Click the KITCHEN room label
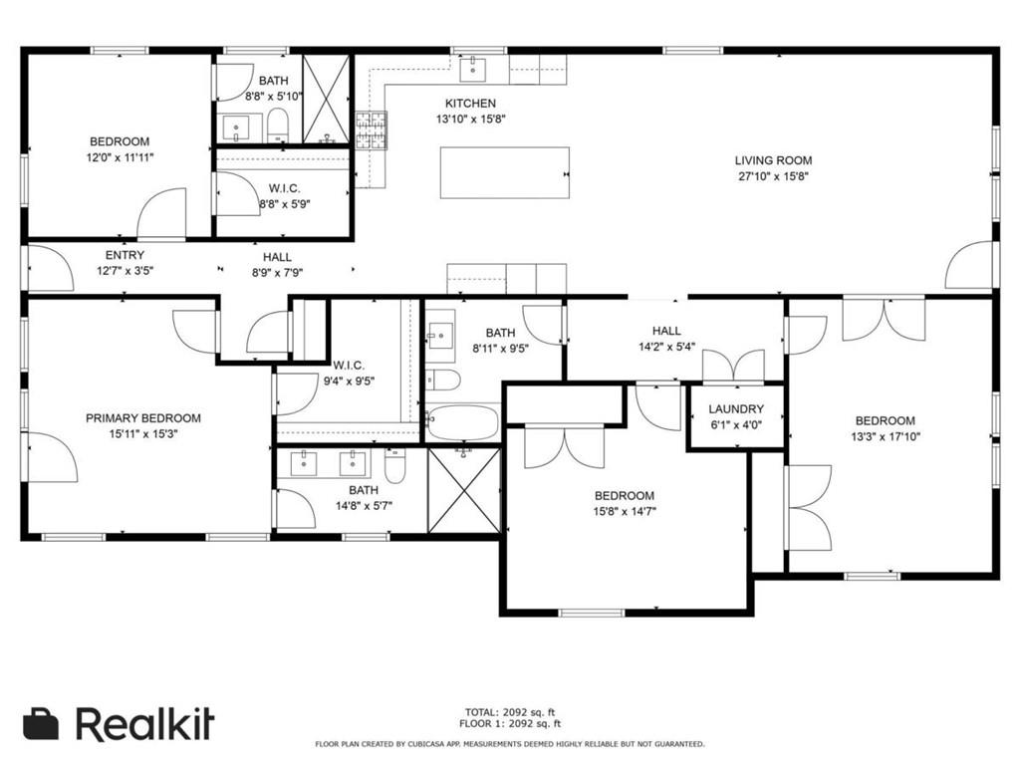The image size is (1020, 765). (470, 104)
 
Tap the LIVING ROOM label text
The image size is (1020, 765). (773, 160)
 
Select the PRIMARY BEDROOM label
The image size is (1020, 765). (143, 418)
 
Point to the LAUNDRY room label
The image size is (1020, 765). (736, 409)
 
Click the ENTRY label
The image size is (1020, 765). (125, 256)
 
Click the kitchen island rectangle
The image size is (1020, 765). (505, 172)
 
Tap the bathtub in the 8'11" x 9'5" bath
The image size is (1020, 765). (463, 422)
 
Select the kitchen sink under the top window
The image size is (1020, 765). (473, 69)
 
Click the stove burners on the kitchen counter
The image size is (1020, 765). (372, 130)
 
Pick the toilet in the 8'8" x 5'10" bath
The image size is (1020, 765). (278, 126)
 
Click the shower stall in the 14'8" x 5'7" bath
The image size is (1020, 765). (464, 490)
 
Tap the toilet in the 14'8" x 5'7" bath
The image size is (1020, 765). (394, 465)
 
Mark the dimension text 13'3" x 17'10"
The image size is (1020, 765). (886, 437)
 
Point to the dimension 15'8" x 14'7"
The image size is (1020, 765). (625, 511)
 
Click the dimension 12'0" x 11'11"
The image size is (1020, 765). (121, 157)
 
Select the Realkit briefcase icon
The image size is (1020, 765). (41, 724)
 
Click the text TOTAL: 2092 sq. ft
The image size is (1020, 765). (510, 712)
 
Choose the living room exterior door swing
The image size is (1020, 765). (968, 265)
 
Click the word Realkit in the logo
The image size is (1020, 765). (145, 723)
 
